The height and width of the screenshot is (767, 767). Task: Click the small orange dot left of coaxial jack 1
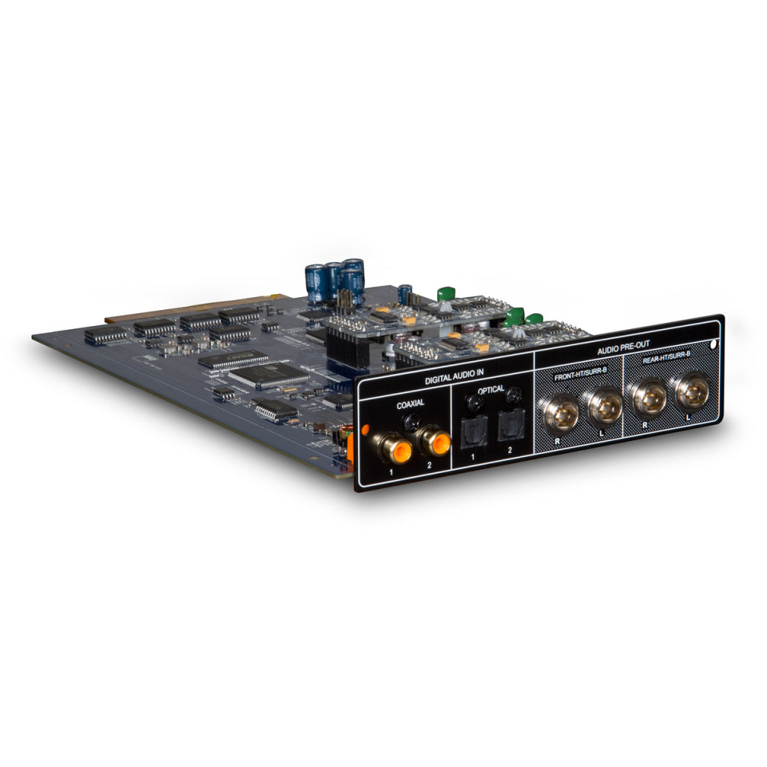(x=364, y=430)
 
